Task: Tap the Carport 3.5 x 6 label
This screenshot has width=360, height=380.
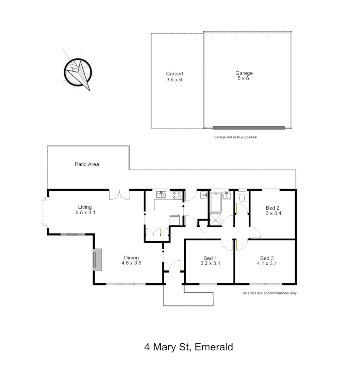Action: pos(175,77)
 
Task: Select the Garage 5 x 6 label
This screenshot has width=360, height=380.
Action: pos(244,76)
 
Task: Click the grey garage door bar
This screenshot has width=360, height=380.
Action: pos(249,128)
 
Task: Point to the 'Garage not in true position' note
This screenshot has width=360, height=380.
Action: pos(235,137)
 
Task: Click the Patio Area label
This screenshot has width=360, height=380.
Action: pos(87,164)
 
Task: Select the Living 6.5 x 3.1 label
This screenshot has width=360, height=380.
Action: pos(85,210)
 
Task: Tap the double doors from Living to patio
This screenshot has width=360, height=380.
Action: pos(119,195)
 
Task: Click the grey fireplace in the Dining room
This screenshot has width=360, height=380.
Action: pos(97,260)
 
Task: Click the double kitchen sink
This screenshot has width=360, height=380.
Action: pos(162,195)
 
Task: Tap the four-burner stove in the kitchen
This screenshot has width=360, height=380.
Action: pos(177,195)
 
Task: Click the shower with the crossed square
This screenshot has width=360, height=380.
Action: pos(216,220)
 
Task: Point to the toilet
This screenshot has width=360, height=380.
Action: pos(242,197)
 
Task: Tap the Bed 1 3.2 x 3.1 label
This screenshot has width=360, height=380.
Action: pos(210,260)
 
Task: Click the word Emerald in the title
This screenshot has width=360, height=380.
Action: pos(214,347)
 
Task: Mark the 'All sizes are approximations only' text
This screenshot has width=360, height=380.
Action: pos(269,293)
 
